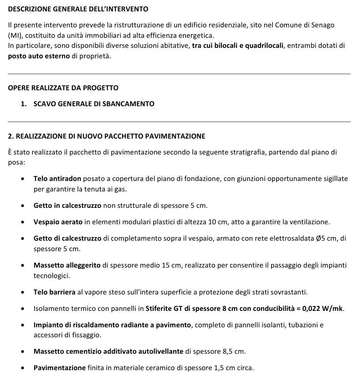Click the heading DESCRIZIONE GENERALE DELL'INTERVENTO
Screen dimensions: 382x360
click(x=78, y=9)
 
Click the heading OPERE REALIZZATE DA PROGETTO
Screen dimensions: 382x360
click(x=63, y=88)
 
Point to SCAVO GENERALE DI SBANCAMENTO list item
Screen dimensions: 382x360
click(x=94, y=104)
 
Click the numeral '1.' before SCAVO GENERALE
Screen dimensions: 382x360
click(x=24, y=104)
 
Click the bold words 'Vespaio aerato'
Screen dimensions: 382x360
click(x=58, y=222)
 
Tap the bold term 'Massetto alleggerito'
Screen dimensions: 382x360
click(x=67, y=265)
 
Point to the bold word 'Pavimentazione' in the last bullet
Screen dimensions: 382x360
click(x=60, y=367)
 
